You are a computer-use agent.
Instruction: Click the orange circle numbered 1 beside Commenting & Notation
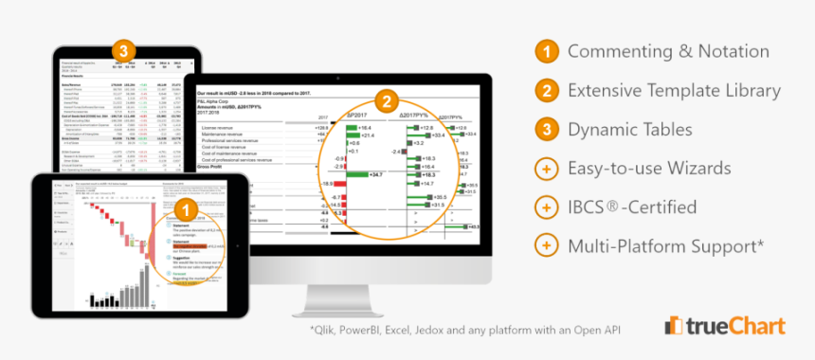[546, 52]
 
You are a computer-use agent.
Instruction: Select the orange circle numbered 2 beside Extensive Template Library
[546, 91]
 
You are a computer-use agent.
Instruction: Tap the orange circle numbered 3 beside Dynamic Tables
[546, 130]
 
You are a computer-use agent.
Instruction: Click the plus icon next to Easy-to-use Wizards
[546, 169]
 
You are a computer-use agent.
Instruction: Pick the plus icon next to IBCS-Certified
[546, 207]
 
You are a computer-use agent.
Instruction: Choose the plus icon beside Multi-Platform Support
[546, 245]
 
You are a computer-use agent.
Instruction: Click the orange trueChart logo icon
[676, 326]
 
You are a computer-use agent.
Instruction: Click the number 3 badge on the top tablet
[124, 51]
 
